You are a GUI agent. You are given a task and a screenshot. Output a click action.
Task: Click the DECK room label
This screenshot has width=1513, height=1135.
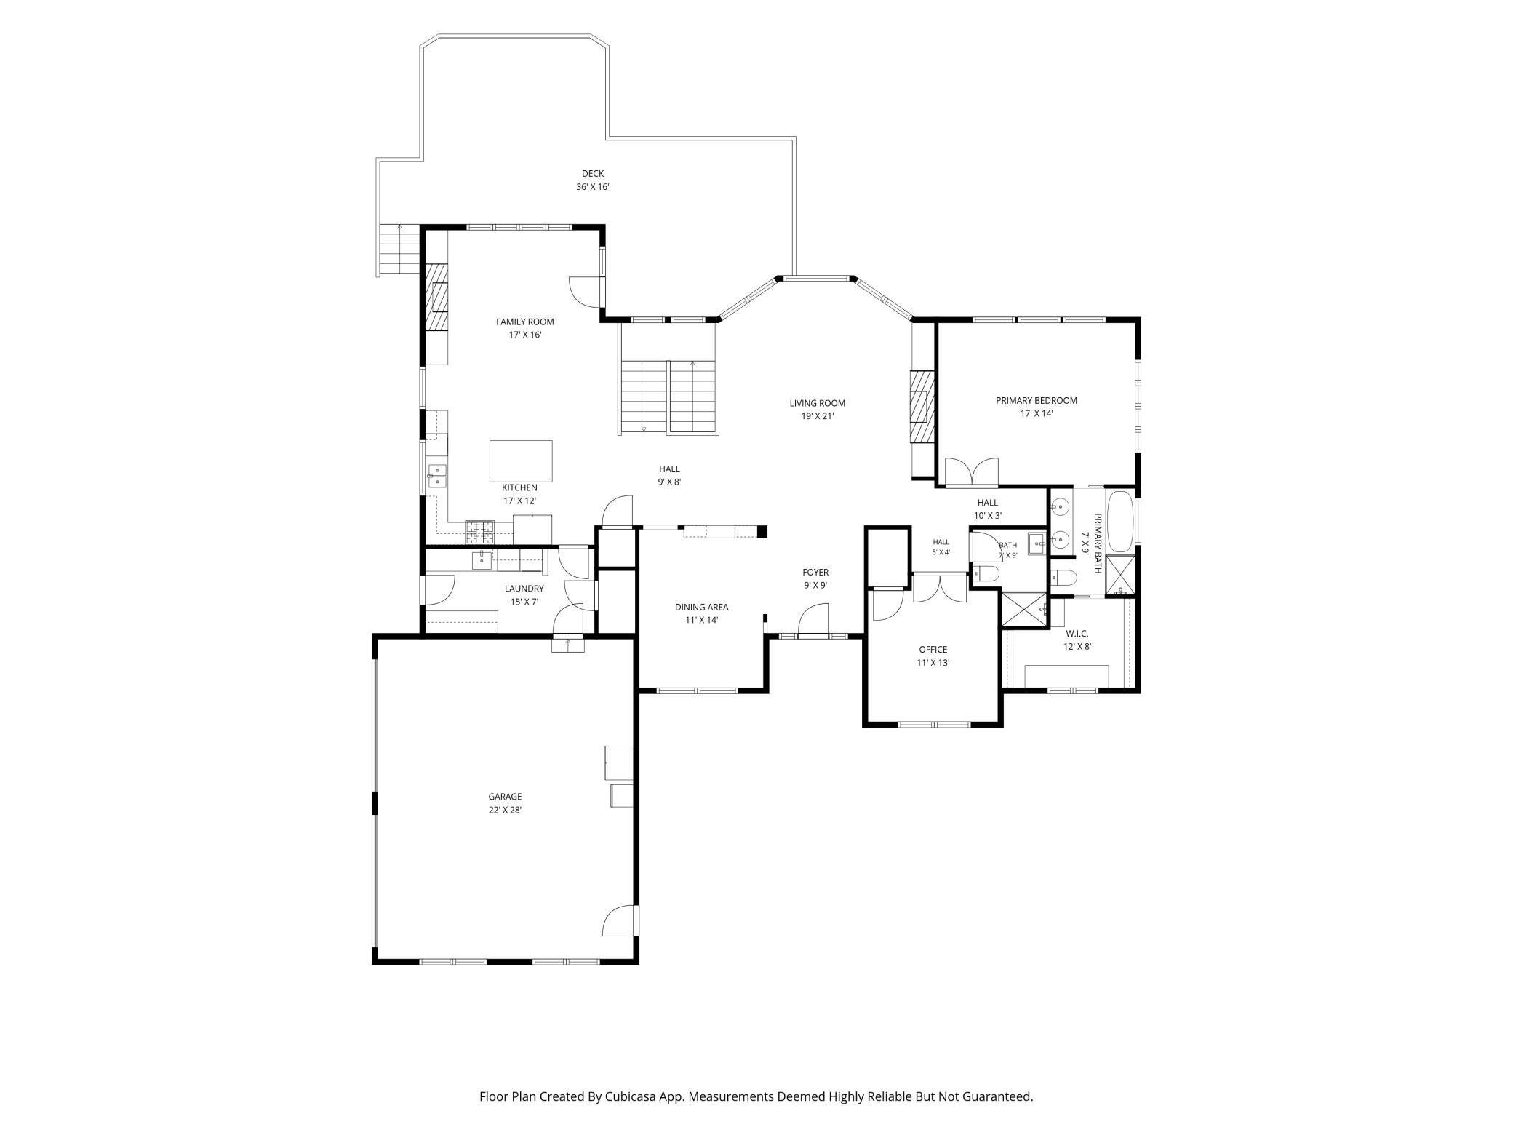[x=593, y=174]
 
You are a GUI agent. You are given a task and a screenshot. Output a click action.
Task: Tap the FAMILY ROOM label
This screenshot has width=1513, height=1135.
[x=525, y=322]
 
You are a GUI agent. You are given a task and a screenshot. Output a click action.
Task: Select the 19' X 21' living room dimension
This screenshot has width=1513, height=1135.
[x=818, y=416]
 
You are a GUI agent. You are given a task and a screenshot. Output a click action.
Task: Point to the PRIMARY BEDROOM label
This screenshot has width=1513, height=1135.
[x=1037, y=400]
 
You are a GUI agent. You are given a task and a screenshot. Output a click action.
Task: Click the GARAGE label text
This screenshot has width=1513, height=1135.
[x=505, y=797]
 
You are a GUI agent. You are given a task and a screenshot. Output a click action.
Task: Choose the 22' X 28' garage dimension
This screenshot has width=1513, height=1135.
[x=505, y=810]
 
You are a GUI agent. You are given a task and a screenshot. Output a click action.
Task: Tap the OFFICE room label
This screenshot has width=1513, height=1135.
[x=933, y=650]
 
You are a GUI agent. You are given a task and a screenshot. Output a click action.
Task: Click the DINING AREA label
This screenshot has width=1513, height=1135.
[x=701, y=607]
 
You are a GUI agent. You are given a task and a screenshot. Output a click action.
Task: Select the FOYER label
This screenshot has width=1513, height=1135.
[x=815, y=572]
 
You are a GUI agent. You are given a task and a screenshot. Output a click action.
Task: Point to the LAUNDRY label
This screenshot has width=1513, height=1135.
[x=524, y=589]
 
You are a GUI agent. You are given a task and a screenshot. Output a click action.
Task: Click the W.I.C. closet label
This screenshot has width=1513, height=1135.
[x=1077, y=634]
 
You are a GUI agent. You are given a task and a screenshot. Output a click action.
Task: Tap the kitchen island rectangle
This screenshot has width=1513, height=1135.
[x=521, y=461]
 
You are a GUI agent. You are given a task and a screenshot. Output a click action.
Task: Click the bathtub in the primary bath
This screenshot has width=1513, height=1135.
[x=1120, y=522]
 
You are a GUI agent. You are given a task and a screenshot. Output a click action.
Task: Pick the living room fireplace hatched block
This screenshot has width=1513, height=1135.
[x=921, y=407]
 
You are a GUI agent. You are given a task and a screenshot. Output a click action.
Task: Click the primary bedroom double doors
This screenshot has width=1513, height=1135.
[x=971, y=472]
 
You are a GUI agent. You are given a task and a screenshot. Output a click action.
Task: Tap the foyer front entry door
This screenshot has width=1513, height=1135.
[x=813, y=622]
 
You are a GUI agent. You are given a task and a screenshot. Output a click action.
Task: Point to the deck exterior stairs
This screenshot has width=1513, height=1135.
[x=399, y=249]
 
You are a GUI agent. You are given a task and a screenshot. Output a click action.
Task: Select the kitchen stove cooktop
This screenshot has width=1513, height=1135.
[x=479, y=533]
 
